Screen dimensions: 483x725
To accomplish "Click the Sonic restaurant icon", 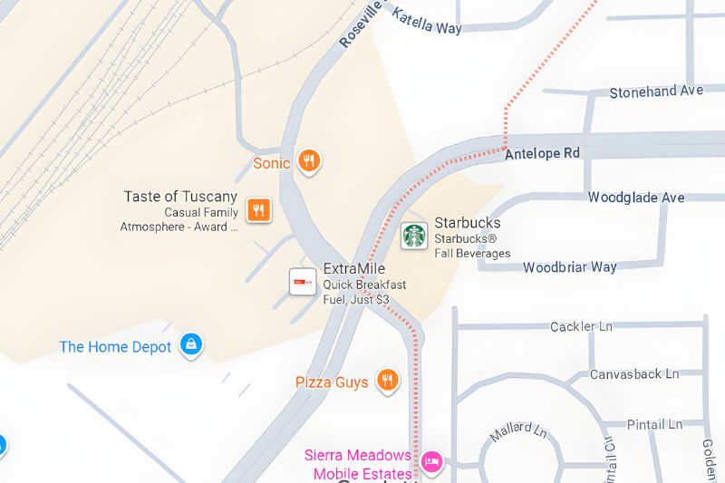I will point(309,162).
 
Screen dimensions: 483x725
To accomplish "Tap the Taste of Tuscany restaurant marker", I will point(259,210).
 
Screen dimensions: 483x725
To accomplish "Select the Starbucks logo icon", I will point(414,235).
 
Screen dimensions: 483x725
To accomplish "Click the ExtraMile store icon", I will point(303,282).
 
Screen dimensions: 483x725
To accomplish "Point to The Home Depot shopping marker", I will point(190,344).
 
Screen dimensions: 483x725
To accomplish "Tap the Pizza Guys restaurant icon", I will point(388,381).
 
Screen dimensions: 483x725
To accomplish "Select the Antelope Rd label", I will point(542,153).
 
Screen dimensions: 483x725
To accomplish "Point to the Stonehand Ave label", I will point(656,92).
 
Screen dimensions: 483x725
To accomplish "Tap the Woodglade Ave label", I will point(636,198).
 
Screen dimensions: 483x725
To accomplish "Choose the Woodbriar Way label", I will point(569,267).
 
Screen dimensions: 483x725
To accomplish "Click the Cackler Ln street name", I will point(581,326).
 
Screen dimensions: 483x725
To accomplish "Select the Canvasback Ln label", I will point(634,374).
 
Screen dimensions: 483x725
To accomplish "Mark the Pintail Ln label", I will point(654,424).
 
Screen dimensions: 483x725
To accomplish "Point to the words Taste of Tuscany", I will point(180,197).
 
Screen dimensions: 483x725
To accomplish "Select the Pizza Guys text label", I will point(332,382).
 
